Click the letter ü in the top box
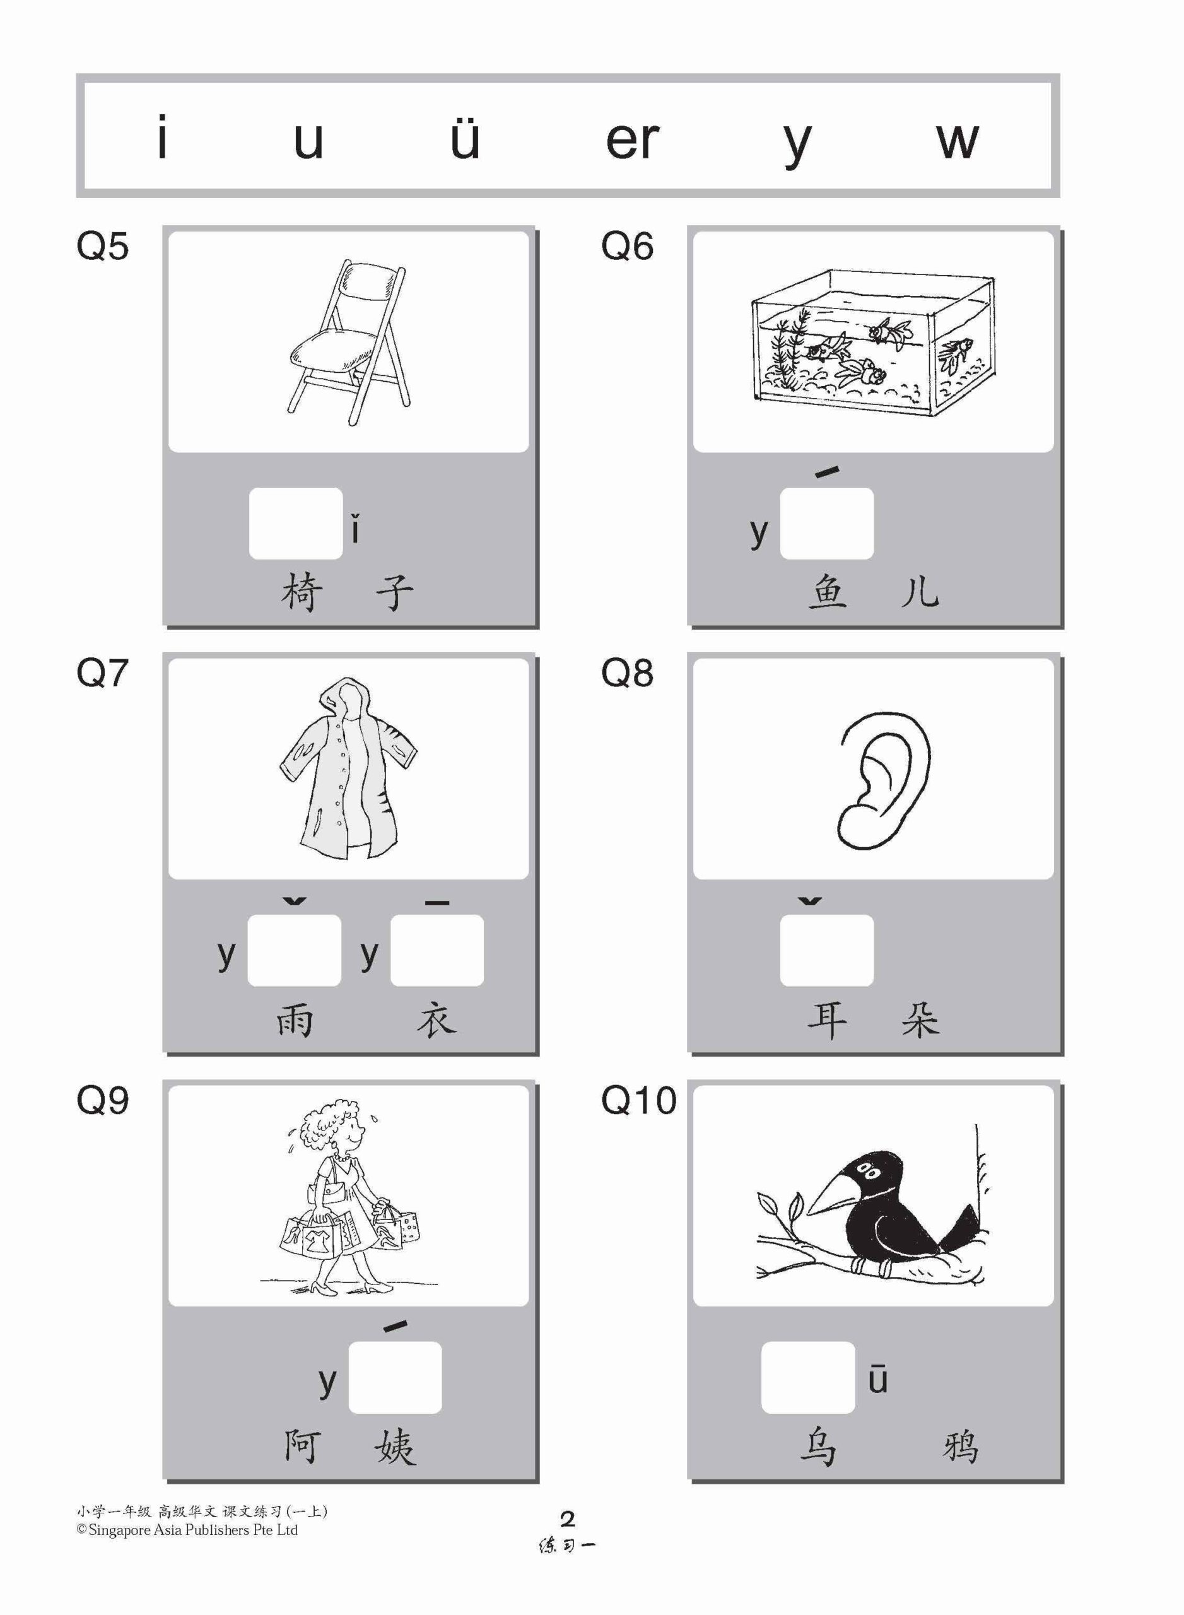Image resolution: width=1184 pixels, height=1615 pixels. point(464,138)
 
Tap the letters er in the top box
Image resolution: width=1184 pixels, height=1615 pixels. point(631,140)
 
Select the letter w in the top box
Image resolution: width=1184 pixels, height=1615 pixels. point(956,140)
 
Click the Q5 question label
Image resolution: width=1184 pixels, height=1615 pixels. point(102,247)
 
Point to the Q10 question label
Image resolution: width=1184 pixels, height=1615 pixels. point(638,1100)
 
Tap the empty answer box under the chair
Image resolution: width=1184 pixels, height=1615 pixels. point(295,523)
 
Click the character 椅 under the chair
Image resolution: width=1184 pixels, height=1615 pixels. point(301,592)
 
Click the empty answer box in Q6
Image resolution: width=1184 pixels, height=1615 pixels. point(826,523)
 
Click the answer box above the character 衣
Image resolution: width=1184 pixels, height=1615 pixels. point(437,950)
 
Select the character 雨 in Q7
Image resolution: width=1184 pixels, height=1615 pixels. point(295,1019)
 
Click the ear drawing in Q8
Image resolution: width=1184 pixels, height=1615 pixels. point(883,782)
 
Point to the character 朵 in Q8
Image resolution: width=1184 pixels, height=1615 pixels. point(920,1019)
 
